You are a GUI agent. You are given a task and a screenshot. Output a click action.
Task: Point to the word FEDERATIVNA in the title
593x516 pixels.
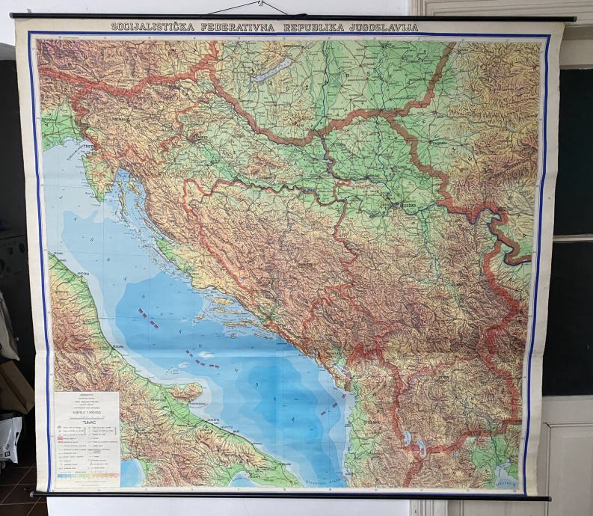tap(237, 27)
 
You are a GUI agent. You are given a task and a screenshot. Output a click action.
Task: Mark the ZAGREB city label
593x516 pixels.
tap(200, 139)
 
